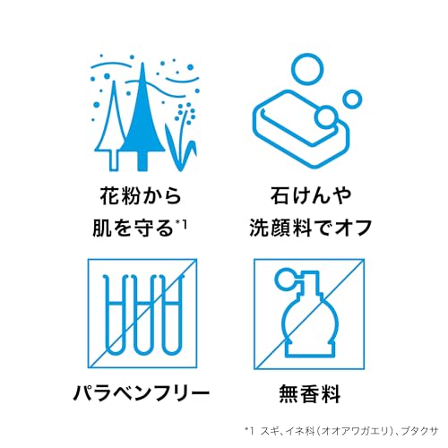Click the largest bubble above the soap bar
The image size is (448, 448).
(307, 69)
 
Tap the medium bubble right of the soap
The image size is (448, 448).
(352, 99)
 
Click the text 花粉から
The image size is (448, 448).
(141, 195)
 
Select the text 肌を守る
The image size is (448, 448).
(134, 228)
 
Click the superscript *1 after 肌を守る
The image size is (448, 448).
(181, 224)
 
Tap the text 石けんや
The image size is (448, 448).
(311, 195)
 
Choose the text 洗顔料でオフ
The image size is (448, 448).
(311, 228)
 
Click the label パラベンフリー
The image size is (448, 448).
(142, 393)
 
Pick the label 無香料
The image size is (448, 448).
(309, 393)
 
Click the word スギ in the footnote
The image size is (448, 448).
(268, 431)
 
